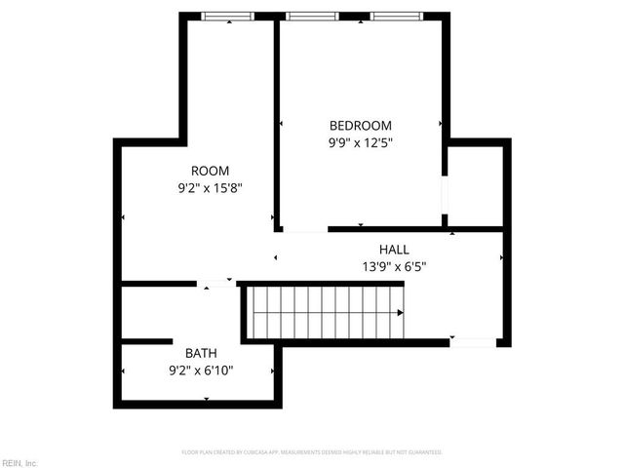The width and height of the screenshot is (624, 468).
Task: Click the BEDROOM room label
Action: click(360, 126)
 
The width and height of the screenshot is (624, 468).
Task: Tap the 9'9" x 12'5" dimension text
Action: click(360, 142)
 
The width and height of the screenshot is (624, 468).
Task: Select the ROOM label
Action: click(210, 171)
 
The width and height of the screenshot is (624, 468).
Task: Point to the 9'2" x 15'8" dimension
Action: click(210, 187)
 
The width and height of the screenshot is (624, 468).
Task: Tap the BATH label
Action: click(201, 353)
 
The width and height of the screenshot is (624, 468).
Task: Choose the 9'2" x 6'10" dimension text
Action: click(201, 370)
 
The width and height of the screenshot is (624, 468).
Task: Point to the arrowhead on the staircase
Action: click(401, 312)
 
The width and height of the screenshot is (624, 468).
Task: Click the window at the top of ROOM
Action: click(227, 16)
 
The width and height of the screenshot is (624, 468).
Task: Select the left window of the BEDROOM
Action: click(312, 16)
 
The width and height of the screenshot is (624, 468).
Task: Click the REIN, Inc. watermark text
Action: click(19, 462)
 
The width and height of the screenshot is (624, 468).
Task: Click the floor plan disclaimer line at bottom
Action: click(312, 452)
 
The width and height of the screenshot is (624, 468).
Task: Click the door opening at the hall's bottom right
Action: click(475, 342)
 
